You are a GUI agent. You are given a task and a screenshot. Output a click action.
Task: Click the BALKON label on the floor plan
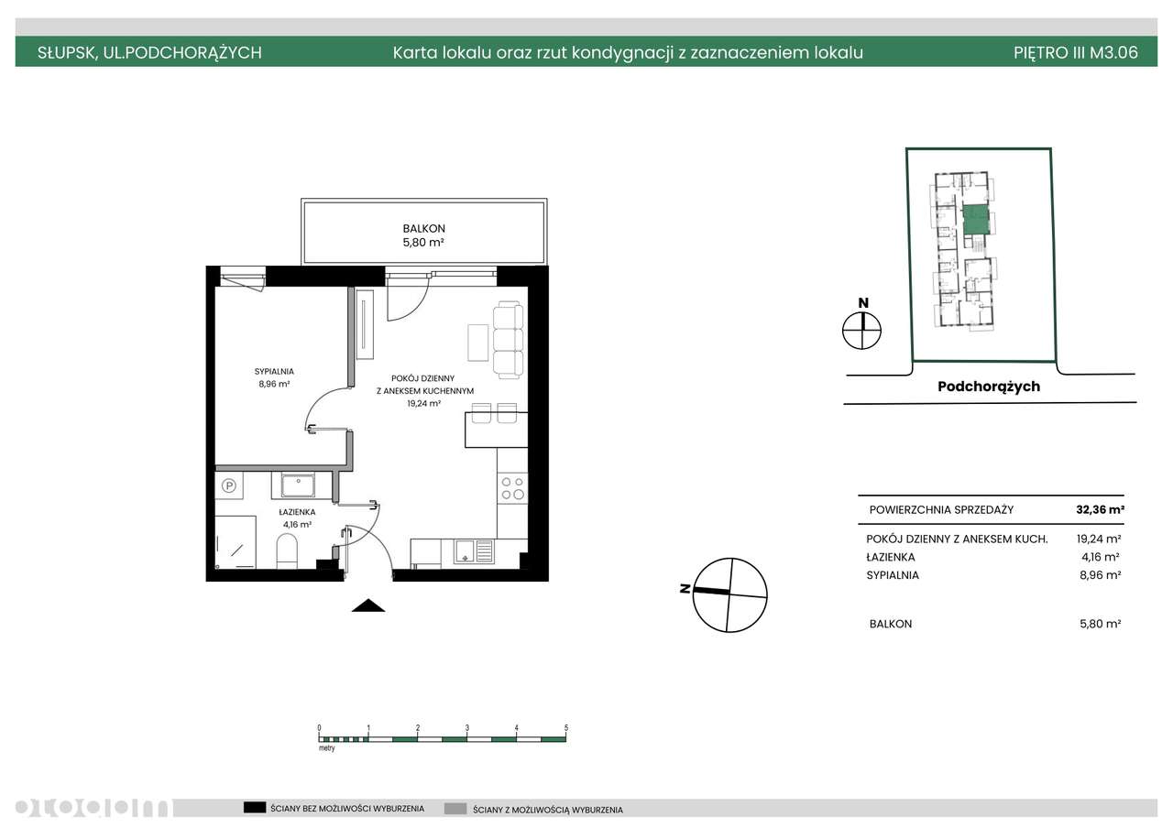click(x=423, y=229)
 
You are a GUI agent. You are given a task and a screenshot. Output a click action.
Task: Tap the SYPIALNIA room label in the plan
click(x=274, y=372)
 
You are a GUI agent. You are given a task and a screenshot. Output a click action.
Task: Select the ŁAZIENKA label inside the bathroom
click(x=297, y=512)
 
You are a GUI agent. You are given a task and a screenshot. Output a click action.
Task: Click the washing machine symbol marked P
click(x=229, y=485)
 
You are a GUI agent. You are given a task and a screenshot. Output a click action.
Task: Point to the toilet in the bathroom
click(x=287, y=550)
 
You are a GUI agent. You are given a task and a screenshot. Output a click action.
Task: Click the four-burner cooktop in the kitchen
click(x=512, y=488)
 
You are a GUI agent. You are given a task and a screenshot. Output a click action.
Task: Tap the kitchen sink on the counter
click(x=474, y=551)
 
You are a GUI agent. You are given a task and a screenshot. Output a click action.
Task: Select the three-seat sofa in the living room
click(x=508, y=340)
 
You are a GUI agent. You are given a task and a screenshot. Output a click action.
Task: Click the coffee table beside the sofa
click(x=477, y=343)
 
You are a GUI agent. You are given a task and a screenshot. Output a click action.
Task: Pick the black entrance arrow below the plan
click(x=368, y=605)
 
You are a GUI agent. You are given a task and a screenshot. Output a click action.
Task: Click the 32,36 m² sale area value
click(x=1101, y=510)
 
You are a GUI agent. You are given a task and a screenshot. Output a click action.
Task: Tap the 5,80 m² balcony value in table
click(x=1101, y=624)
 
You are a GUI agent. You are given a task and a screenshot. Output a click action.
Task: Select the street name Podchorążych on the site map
click(x=989, y=387)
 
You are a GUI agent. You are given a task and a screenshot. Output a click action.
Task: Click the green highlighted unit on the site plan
click(x=976, y=219)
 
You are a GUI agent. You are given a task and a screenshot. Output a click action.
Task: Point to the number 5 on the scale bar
click(x=566, y=727)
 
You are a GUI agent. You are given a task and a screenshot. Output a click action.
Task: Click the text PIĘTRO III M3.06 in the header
click(x=1076, y=52)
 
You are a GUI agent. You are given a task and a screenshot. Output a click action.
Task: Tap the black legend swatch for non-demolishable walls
click(x=255, y=808)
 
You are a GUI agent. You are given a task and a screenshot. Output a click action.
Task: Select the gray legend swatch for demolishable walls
click(x=455, y=809)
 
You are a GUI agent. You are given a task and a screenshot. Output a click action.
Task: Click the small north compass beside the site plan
click(x=862, y=331)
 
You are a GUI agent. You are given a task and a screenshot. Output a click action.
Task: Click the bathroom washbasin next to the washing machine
click(x=298, y=485)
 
